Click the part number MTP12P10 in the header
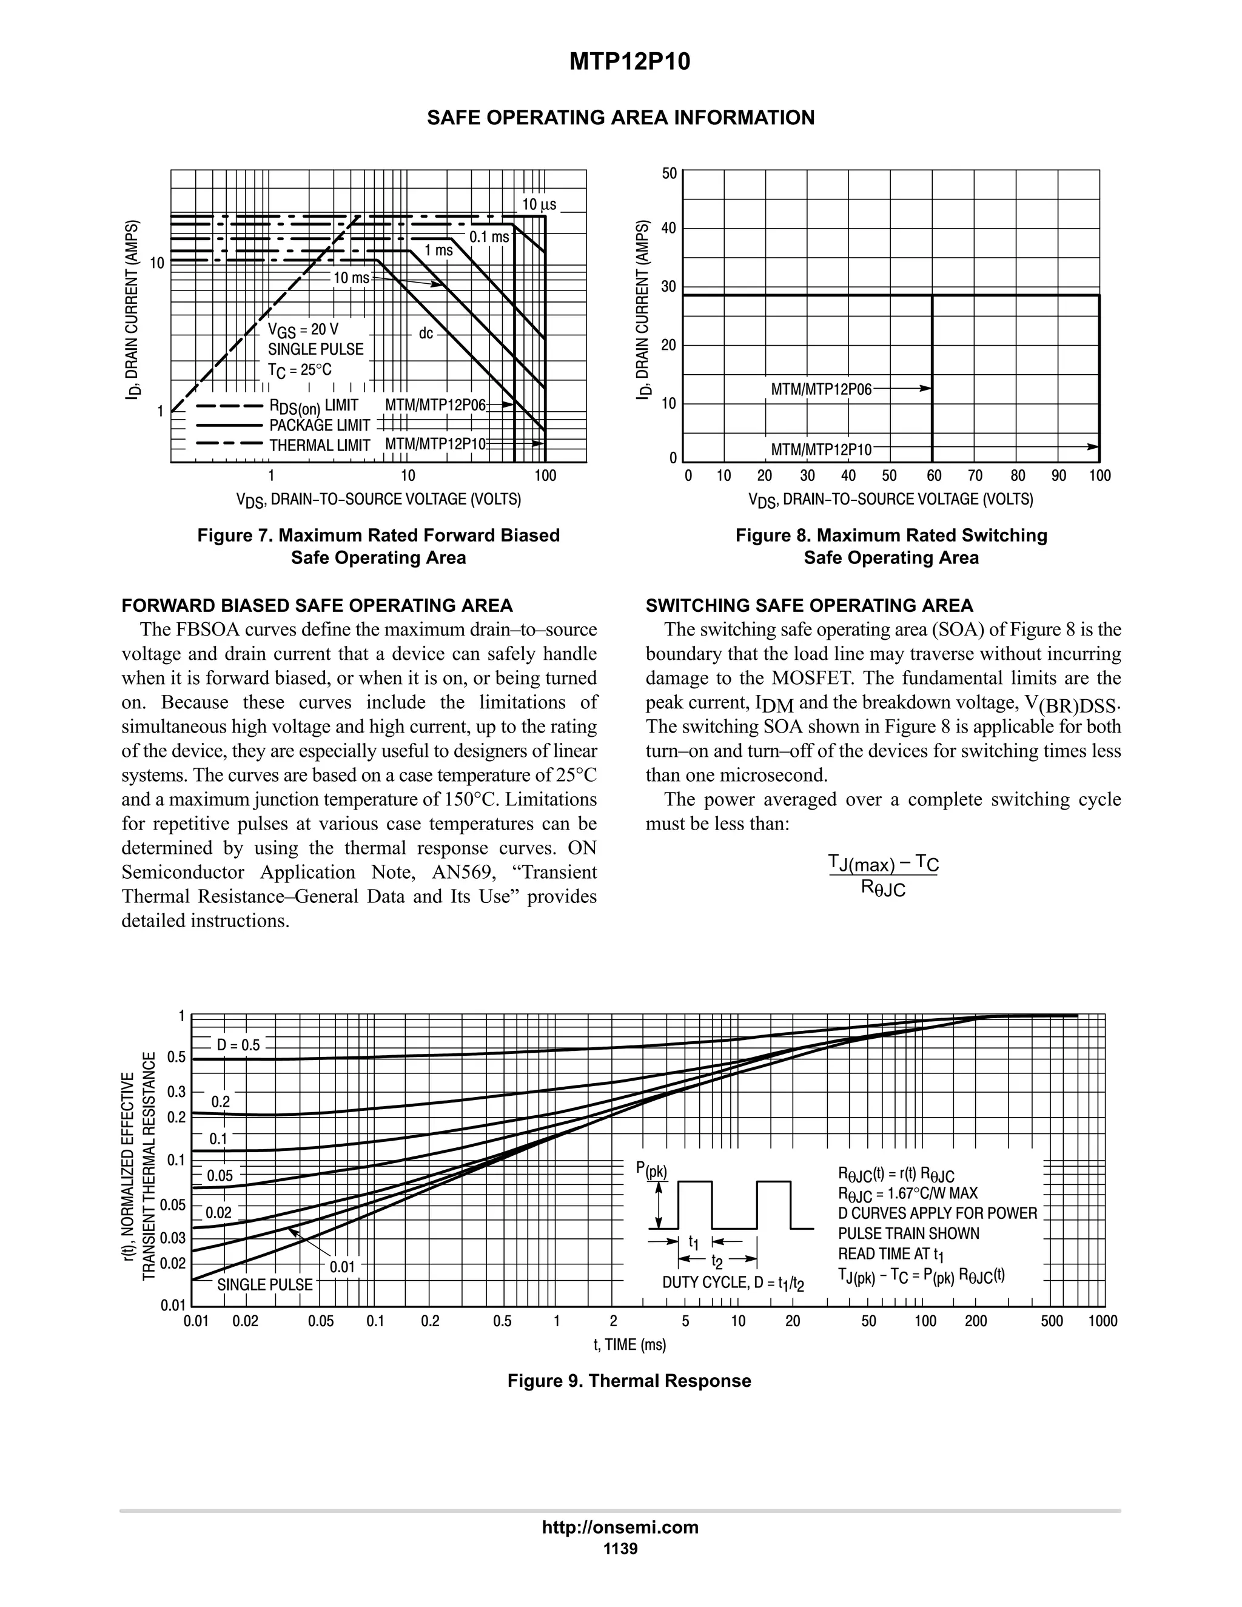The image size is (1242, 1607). pyautogui.click(x=630, y=62)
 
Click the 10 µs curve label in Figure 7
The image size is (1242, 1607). pyautogui.click(x=539, y=204)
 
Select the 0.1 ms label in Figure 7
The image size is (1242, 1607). pyautogui.click(x=489, y=237)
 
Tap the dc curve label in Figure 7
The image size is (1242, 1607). pyautogui.click(x=426, y=334)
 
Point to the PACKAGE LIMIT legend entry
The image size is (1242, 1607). pyautogui.click(x=320, y=425)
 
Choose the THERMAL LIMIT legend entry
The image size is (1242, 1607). pyautogui.click(x=320, y=445)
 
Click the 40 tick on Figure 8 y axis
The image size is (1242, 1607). pyautogui.click(x=668, y=228)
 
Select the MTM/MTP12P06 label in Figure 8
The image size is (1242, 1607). pyautogui.click(x=821, y=389)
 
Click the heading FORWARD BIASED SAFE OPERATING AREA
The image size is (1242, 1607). pyautogui.click(x=317, y=606)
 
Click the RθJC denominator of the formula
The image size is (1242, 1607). pyautogui.click(x=884, y=889)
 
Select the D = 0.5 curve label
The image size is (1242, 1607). pyautogui.click(x=238, y=1045)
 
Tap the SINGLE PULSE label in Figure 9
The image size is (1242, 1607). pyautogui.click(x=265, y=1285)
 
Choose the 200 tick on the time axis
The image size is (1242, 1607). pyautogui.click(x=976, y=1321)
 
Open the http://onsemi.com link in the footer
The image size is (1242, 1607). pyautogui.click(x=620, y=1527)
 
